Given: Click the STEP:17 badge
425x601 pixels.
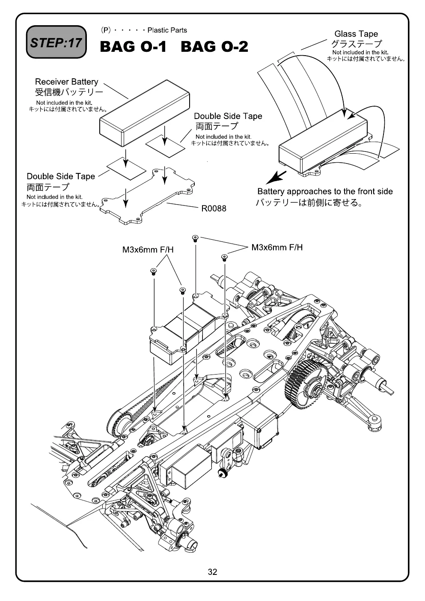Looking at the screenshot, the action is (x=56, y=42).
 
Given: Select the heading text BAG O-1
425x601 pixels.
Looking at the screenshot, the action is (x=133, y=47).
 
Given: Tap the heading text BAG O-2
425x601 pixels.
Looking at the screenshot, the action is (x=214, y=47).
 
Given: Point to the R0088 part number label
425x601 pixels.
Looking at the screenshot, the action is (x=214, y=208).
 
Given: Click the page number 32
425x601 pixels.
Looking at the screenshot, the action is (x=212, y=572).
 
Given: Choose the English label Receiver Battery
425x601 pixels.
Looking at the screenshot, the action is (x=66, y=82).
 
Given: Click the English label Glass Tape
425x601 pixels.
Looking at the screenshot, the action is (x=356, y=34).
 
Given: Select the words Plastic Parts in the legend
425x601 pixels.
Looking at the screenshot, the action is (x=167, y=30).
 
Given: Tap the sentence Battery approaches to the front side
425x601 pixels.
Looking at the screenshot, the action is (x=325, y=191).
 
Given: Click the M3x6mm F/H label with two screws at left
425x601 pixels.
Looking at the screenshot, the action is (x=148, y=250).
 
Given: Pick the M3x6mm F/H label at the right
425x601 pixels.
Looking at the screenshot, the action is (x=277, y=247).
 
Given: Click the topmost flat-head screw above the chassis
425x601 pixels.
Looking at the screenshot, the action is (x=195, y=238).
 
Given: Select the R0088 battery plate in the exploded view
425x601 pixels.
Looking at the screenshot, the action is (x=148, y=196).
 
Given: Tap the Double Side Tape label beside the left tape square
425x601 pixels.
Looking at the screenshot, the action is (x=61, y=176).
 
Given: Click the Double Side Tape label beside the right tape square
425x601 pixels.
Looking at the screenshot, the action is (x=228, y=116).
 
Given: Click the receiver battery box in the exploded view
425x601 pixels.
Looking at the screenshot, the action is (x=145, y=113).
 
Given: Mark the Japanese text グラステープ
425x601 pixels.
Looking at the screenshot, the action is (x=356, y=44).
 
